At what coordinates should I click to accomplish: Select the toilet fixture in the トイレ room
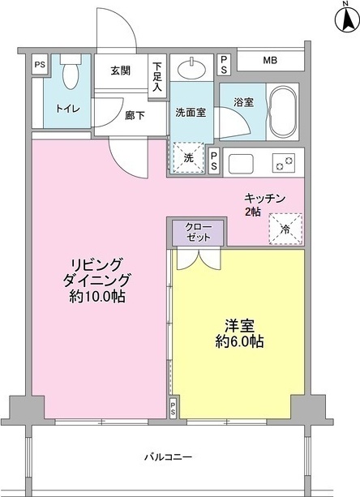pyautogui.click(x=70, y=76)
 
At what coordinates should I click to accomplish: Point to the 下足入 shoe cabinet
pyautogui.click(x=158, y=77)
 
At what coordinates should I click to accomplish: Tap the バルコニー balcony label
pyautogui.click(x=169, y=456)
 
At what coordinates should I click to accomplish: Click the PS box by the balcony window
pyautogui.click(x=174, y=409)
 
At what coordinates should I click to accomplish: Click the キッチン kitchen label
pyautogui.click(x=265, y=198)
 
